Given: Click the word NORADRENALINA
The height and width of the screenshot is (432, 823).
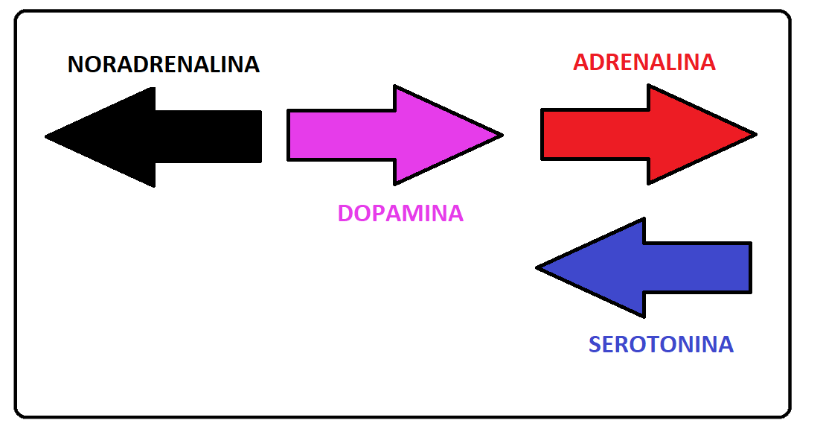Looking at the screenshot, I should click(164, 65).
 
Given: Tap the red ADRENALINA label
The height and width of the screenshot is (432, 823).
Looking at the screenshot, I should click(644, 62).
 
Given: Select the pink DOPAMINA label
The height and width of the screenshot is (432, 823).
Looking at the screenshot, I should click(400, 214).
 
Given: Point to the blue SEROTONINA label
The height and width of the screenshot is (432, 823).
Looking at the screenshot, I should click(661, 345).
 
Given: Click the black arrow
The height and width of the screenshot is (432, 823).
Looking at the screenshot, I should click(171, 136).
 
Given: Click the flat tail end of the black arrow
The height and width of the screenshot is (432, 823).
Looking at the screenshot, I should click(260, 136).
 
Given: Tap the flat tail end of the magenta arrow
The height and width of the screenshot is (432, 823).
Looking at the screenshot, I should click(289, 135).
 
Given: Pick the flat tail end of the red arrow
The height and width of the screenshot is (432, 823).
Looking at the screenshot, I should click(543, 135).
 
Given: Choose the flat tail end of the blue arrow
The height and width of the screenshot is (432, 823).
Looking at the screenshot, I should click(749, 267).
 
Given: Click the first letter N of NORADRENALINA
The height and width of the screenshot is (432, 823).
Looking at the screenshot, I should click(75, 65).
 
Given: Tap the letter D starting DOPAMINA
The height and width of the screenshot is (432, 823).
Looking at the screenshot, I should click(346, 214).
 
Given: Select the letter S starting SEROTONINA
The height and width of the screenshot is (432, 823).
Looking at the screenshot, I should click(595, 345).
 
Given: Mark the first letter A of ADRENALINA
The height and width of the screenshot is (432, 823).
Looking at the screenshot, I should click(581, 62).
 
